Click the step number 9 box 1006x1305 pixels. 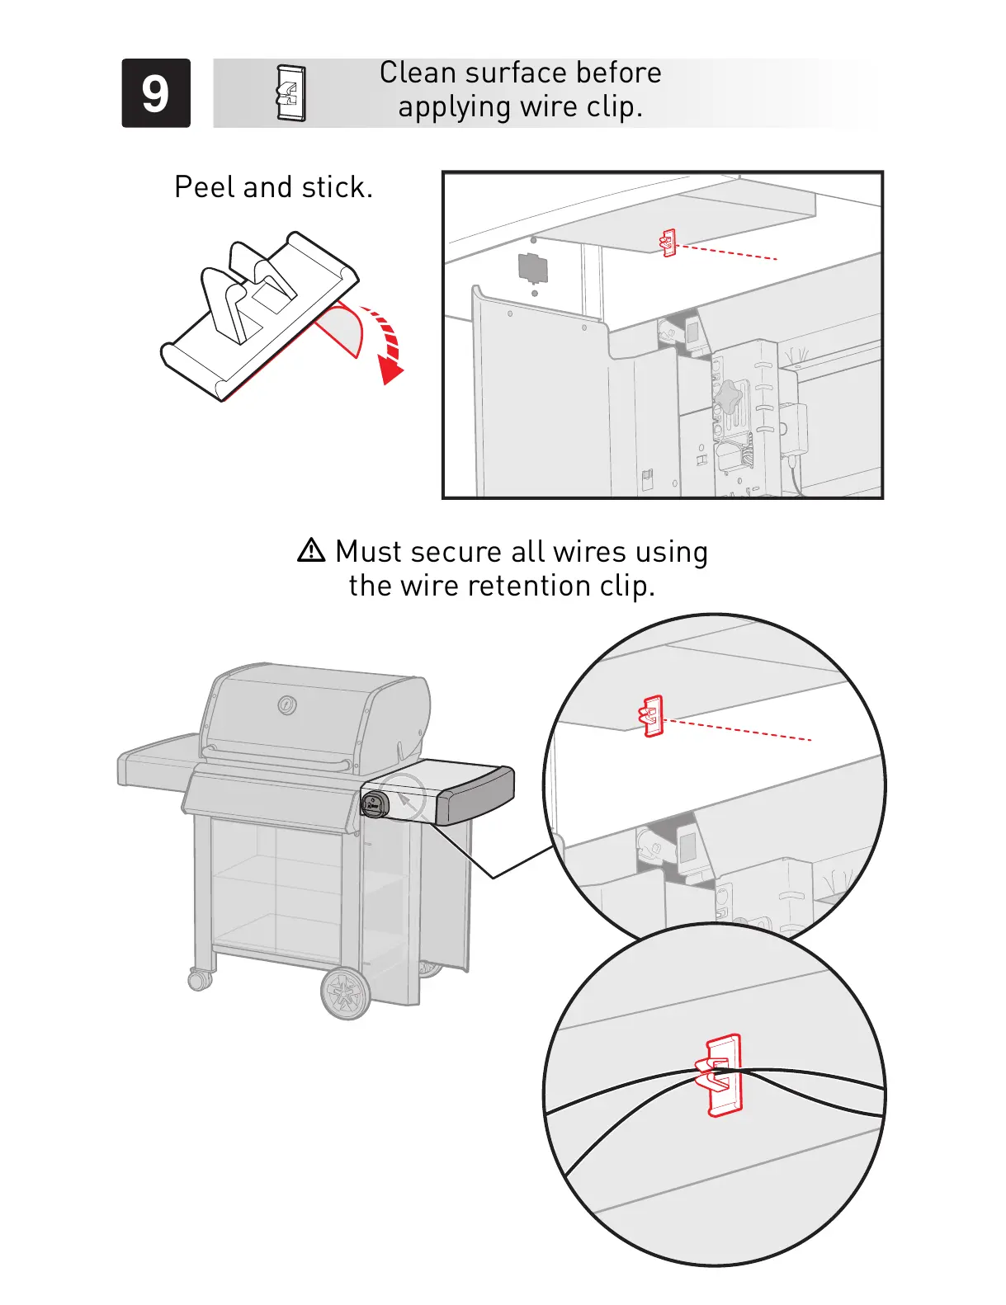[x=156, y=93]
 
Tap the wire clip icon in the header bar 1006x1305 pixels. [x=290, y=93]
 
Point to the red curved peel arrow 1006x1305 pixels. [x=387, y=342]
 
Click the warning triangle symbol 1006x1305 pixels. [x=311, y=550]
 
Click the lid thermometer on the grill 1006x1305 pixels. [x=286, y=705]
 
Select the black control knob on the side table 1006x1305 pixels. [x=374, y=804]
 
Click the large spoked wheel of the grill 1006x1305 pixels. [x=346, y=992]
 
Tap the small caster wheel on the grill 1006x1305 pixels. [x=200, y=979]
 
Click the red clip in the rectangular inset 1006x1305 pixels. [x=668, y=243]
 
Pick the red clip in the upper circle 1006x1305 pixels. [x=652, y=716]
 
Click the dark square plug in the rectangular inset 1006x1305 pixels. [x=532, y=268]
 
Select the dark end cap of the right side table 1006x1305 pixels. [x=475, y=795]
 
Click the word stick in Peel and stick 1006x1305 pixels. [x=337, y=187]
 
